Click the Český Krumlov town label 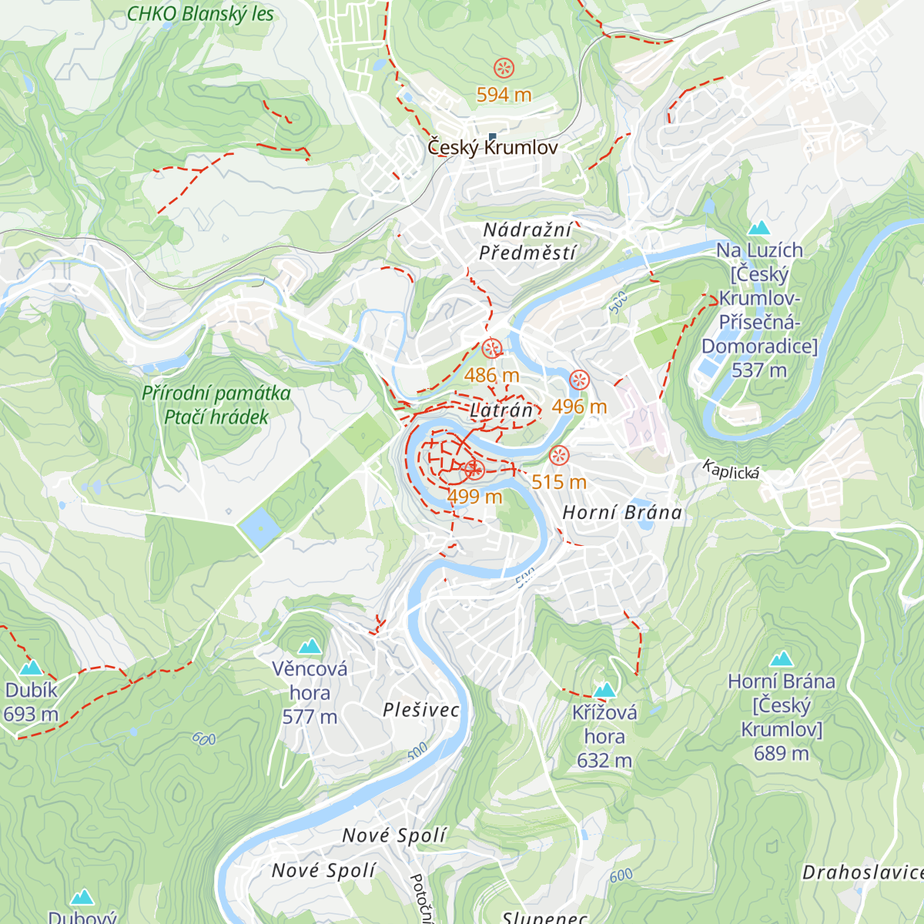pos(493,147)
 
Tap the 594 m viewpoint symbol pos(504,69)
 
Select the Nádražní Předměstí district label pos(527,241)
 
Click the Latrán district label pos(501,410)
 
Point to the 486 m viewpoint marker pos(492,350)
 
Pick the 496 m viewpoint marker pos(579,380)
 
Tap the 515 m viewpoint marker pos(559,456)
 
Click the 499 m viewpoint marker pos(474,470)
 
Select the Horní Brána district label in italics pos(622,513)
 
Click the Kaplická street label pos(731,470)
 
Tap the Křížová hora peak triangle pos(604,689)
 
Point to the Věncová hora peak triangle pos(310,646)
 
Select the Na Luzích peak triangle pos(759,228)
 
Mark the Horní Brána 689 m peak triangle pos(782,659)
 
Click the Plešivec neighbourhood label pos(421,710)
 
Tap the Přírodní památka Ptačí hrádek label pos(216,405)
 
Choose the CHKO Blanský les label pos(200,14)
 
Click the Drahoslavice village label pos(862,872)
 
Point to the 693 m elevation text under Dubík pos(31,715)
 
